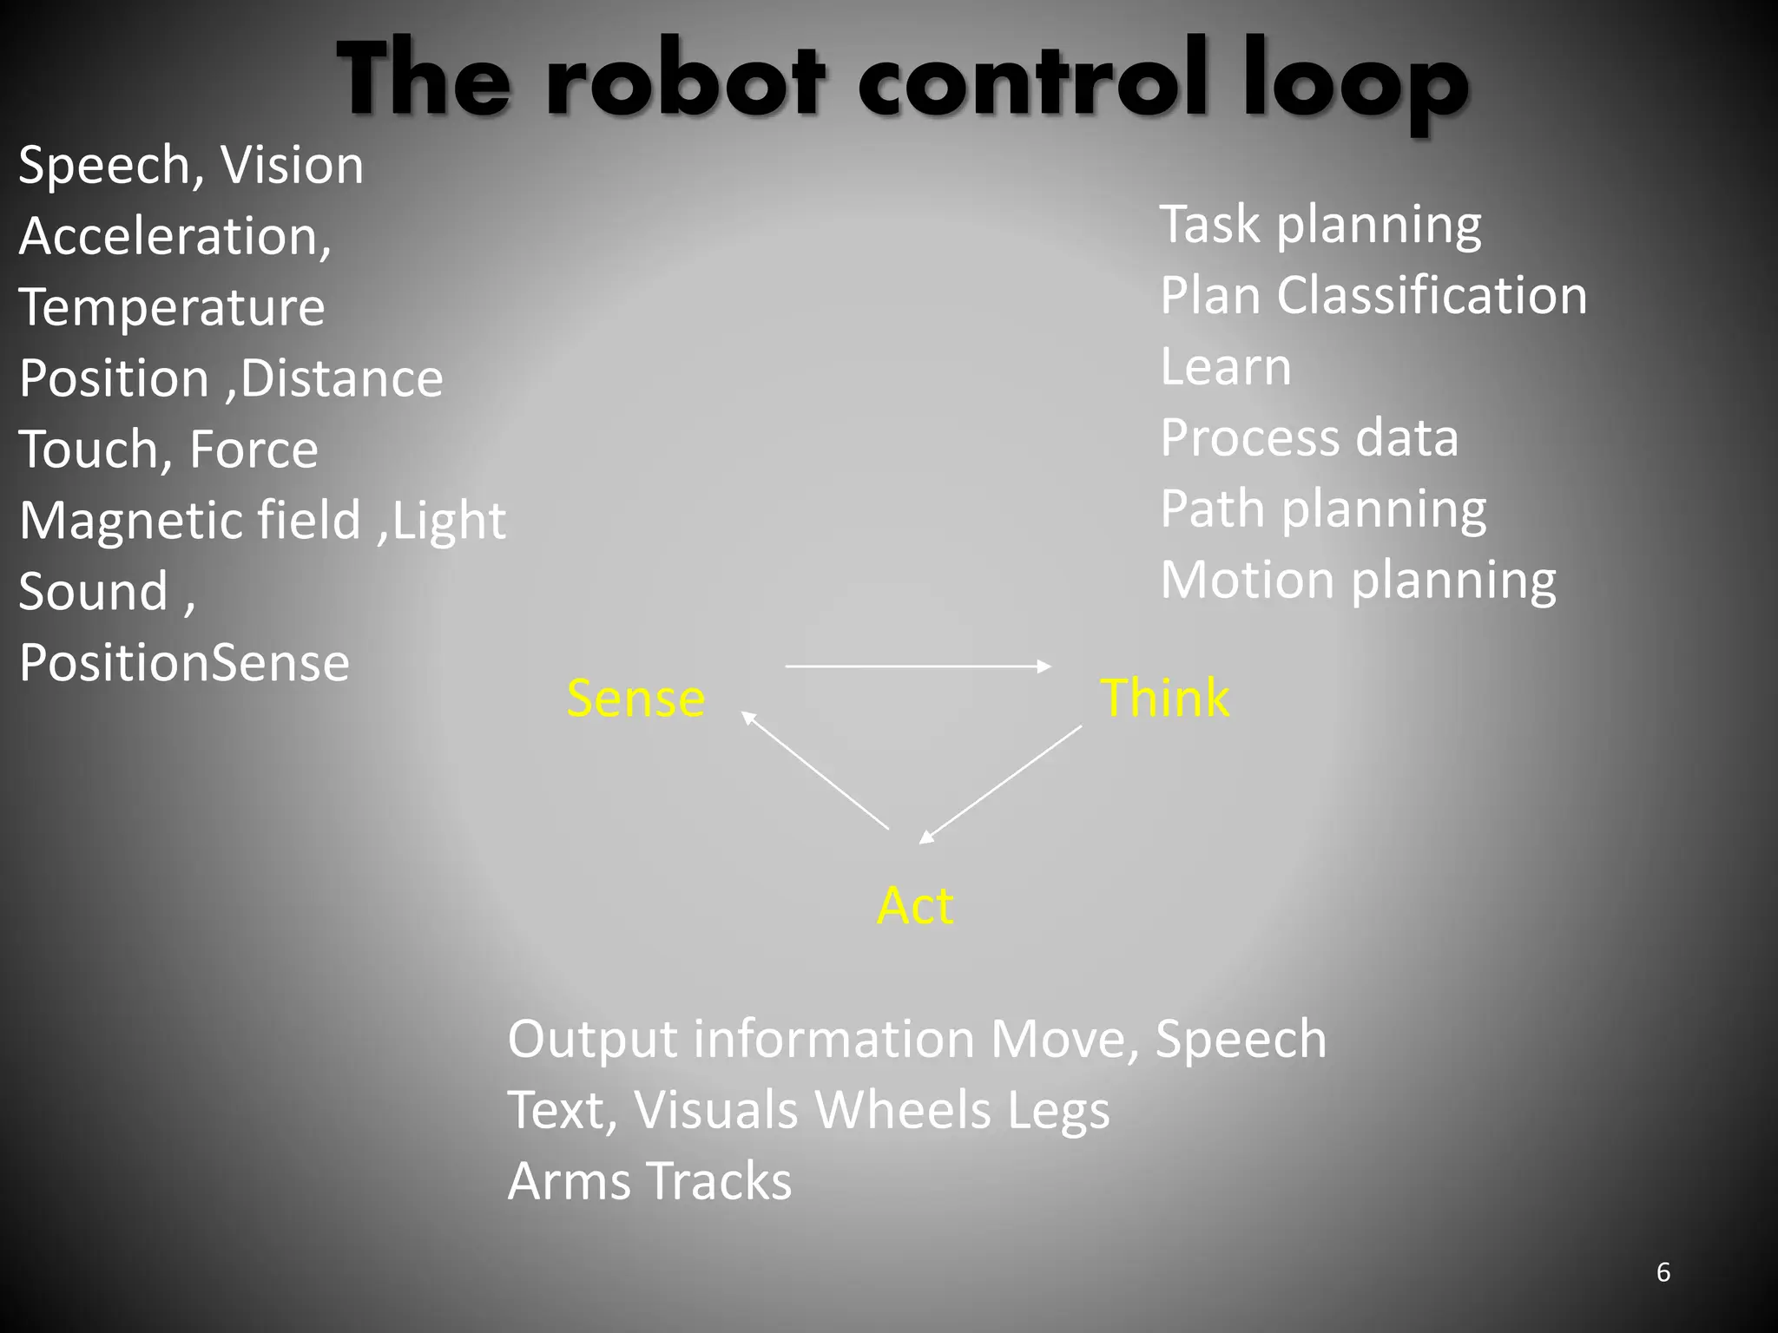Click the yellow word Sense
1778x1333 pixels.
[635, 699]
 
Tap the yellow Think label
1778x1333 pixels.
[1164, 698]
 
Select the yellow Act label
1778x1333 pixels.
[915, 906]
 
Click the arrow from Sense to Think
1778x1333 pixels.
[918, 666]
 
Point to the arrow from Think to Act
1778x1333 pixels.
[1001, 784]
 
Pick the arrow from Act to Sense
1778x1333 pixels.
[815, 770]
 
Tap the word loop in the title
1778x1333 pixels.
[1354, 82]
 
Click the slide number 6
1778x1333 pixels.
[1663, 1272]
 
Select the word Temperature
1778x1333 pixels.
[172, 307]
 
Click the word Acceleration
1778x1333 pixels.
[174, 236]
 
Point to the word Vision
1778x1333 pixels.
[292, 165]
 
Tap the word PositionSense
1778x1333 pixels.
[184, 663]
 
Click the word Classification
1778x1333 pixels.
[1432, 296]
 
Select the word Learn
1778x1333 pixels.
[1226, 367]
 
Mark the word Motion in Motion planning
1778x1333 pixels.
[1248, 580]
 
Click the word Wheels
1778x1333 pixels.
[902, 1110]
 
